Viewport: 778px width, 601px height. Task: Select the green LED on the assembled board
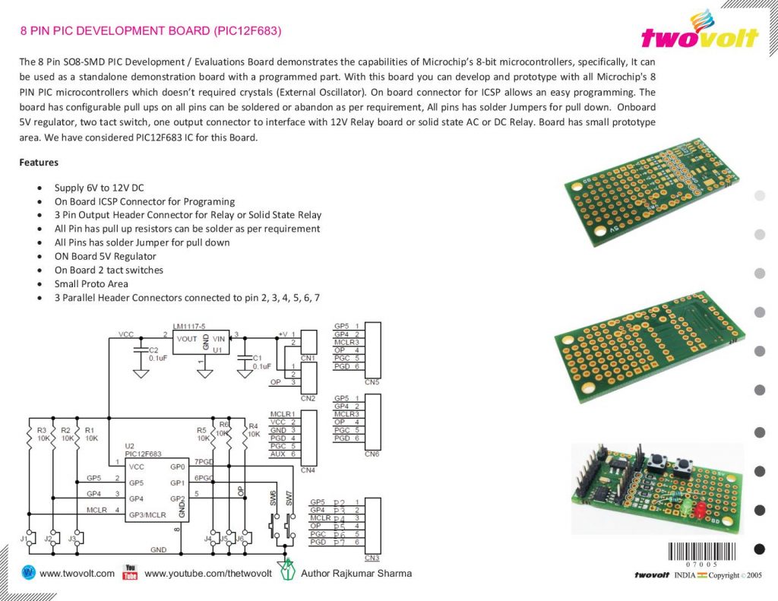pos(682,505)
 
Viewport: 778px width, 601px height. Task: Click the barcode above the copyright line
pos(699,551)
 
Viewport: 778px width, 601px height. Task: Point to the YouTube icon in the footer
pos(130,572)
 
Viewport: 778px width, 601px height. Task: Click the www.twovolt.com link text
pos(77,574)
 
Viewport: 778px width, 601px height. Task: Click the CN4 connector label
pos(308,470)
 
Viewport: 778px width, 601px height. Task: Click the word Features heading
pos(39,163)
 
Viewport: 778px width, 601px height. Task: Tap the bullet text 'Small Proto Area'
pos(92,284)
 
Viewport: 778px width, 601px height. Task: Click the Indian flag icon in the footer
pos(702,575)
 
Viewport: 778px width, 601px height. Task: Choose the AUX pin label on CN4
pos(278,454)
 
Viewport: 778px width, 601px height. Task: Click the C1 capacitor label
pos(256,358)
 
